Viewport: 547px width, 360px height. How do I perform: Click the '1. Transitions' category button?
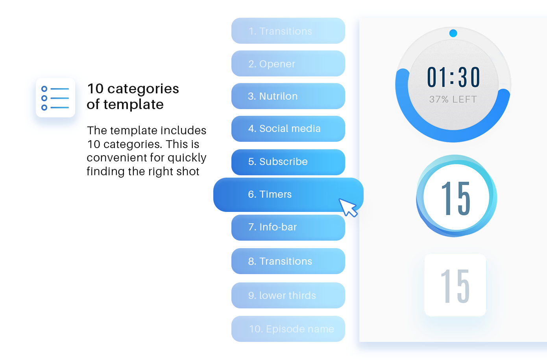click(288, 31)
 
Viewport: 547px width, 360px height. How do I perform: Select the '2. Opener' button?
click(288, 63)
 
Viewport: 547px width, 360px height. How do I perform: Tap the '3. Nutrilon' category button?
click(288, 96)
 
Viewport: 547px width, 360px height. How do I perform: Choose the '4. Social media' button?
click(288, 129)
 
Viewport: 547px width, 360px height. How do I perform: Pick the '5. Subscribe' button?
click(288, 162)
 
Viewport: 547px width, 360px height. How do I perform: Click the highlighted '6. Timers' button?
click(288, 195)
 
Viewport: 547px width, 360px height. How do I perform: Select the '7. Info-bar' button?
click(288, 228)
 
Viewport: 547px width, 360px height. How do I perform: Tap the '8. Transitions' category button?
click(288, 261)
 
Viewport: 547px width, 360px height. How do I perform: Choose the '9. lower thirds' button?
click(288, 295)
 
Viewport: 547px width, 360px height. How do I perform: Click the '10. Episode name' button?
click(288, 329)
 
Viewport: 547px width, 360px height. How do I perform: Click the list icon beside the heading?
click(55, 98)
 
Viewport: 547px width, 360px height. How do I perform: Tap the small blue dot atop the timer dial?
click(453, 33)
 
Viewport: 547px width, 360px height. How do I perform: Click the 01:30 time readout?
click(453, 77)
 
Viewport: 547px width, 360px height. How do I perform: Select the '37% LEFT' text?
click(453, 100)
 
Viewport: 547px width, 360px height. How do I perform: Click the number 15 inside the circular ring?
click(456, 199)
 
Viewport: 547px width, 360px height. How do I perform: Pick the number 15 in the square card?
click(455, 286)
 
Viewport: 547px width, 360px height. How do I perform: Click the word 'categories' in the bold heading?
click(143, 89)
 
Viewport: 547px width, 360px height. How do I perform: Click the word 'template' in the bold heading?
click(133, 105)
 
